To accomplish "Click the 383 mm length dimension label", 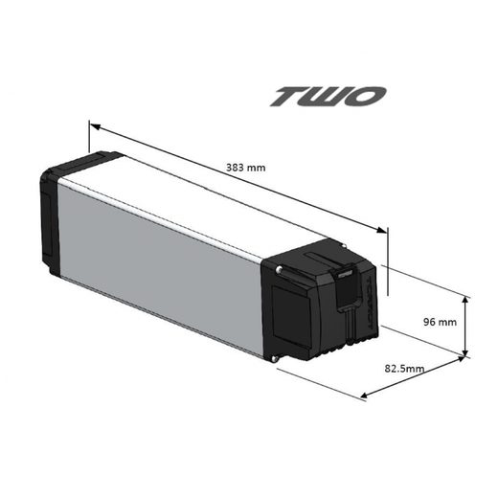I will point(247,167).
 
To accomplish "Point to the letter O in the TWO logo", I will point(369,97).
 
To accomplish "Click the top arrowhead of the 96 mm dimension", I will point(465,300).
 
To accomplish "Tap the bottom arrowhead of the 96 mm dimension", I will point(465,353).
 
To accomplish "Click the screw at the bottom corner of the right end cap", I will point(276,360).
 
